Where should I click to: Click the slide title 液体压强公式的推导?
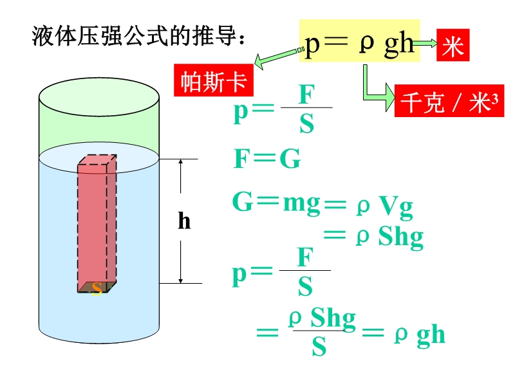coord(138,36)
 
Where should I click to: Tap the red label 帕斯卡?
coord(213,82)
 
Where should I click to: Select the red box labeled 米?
coord(453,47)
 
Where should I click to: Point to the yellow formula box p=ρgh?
coord(359,44)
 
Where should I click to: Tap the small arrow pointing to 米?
coord(425,44)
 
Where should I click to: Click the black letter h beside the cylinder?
coord(184,222)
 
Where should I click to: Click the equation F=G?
coord(267,159)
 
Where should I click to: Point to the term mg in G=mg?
coord(301,203)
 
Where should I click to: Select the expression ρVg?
coord(384,207)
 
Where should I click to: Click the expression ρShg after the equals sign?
coord(389,237)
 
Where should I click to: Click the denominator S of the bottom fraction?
coord(319,347)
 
